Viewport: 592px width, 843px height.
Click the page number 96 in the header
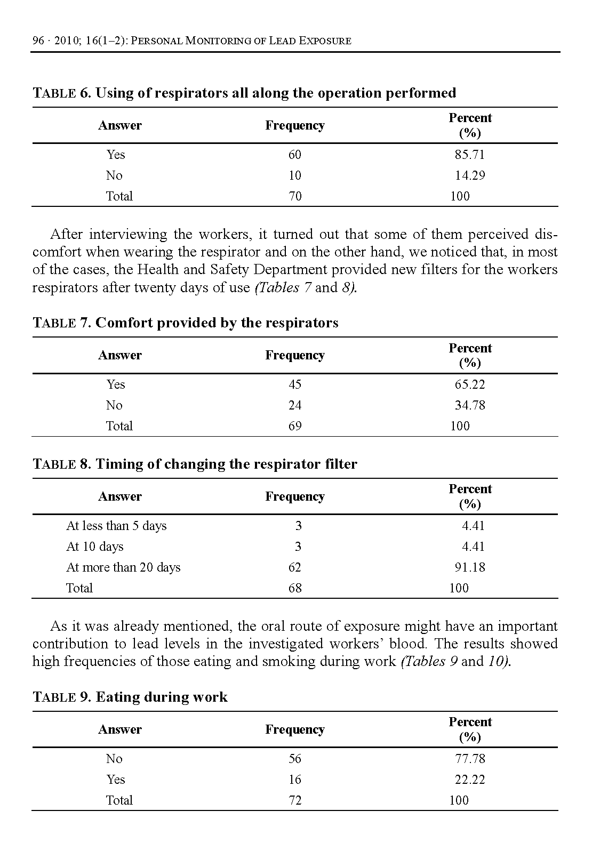click(38, 41)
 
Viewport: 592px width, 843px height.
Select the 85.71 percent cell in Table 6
click(470, 155)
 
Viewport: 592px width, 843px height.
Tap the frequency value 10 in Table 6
click(295, 175)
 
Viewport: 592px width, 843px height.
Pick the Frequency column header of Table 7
click(295, 356)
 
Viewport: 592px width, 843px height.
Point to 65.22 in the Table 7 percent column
click(470, 384)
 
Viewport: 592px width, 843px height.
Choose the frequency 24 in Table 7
click(295, 405)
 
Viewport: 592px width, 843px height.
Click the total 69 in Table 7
click(295, 426)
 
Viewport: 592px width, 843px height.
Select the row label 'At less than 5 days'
click(116, 526)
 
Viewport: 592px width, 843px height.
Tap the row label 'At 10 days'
click(94, 547)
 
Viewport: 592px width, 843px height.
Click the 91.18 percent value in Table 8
click(470, 567)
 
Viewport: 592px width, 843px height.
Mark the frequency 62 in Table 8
click(295, 567)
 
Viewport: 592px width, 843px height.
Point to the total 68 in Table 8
click(295, 588)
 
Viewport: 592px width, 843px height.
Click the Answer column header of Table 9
click(120, 729)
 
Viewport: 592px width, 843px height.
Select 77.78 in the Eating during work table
click(470, 759)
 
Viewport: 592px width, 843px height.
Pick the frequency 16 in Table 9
click(295, 780)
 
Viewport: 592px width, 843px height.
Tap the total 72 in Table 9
click(295, 800)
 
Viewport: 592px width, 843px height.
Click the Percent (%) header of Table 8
click(470, 496)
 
